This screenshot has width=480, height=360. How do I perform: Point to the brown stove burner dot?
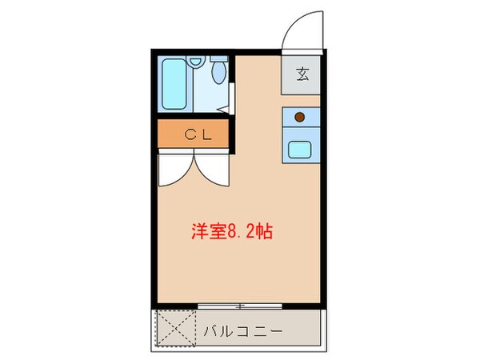point(299,117)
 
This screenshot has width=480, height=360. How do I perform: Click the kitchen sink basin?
point(302,148)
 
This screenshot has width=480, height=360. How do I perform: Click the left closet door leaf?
point(174,170)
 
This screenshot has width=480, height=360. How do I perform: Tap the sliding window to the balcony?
point(239,305)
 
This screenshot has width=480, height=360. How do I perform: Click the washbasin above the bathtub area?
point(197,62)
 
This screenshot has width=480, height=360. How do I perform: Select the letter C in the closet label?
point(190,134)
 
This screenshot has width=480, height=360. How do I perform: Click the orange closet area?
point(172,134)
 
